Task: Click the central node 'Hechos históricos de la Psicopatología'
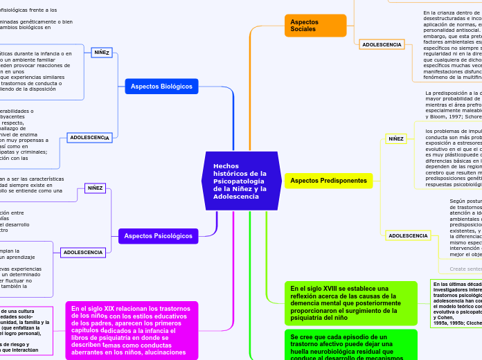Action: point(241,181)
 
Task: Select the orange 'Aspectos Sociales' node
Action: point(314,26)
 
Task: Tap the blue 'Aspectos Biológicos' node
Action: point(162,86)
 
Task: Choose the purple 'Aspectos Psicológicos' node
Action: point(158,236)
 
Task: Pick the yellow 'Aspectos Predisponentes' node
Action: point(328,181)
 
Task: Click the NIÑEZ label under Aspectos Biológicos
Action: point(102,52)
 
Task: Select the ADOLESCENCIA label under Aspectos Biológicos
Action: point(89,138)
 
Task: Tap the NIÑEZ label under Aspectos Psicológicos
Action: point(95,188)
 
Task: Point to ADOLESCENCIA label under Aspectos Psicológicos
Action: point(83,252)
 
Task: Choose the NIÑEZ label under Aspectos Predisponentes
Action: point(396,138)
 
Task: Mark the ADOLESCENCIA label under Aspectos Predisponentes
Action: point(408,235)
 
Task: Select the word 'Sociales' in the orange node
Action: point(304,29)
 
